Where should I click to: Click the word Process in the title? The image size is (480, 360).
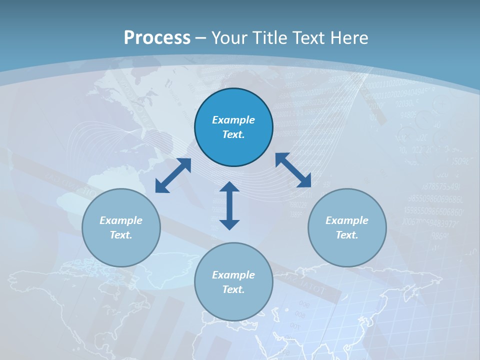click(x=157, y=38)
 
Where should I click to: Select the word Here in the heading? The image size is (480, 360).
click(x=348, y=38)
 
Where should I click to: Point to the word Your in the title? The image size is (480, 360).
click(x=229, y=38)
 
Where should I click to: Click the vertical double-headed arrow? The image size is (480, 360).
click(x=229, y=205)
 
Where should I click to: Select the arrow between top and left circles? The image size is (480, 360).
click(x=173, y=175)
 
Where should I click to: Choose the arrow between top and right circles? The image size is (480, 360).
click(x=293, y=170)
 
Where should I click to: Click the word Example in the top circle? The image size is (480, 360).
click(x=233, y=120)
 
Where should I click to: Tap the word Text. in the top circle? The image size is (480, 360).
click(x=233, y=134)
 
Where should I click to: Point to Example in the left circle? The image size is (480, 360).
click(x=121, y=220)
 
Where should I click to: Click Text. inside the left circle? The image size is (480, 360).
click(x=121, y=235)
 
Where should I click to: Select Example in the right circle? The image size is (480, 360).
click(x=347, y=220)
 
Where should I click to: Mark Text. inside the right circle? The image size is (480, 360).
click(x=347, y=235)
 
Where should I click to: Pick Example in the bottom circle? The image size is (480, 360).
click(x=233, y=275)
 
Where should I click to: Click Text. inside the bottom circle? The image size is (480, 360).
click(x=233, y=289)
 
